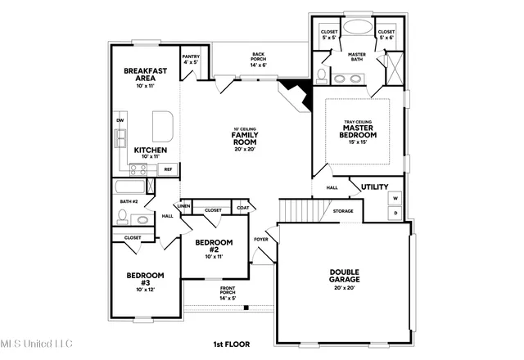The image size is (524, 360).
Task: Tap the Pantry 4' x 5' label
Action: point(191,59)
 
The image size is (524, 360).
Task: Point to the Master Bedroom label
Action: point(359,131)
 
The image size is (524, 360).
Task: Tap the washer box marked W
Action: point(395,198)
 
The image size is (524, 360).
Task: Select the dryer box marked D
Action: point(395,213)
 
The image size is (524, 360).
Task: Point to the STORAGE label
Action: point(343,211)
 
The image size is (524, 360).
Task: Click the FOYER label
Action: point(261,240)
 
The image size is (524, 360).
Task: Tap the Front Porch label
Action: point(228,293)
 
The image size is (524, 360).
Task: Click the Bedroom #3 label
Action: point(144,280)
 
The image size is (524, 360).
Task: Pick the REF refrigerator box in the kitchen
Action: point(168,169)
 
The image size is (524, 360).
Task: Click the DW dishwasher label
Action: point(120,121)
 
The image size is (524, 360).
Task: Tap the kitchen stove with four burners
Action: point(140,170)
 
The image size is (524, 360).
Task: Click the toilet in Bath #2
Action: point(122,217)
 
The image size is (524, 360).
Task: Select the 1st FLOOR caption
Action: point(231,344)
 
